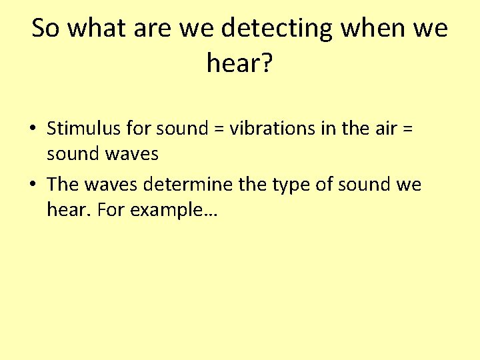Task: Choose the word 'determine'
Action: (192, 184)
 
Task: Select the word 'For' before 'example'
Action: (109, 211)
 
